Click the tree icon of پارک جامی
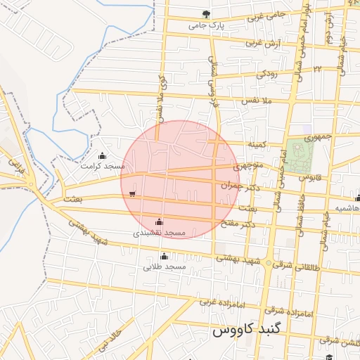pos(206,14)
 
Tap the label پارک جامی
pos(205,26)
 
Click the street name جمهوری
pos(318,136)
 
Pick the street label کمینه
pos(257,144)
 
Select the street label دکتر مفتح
pos(256,224)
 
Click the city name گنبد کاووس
pos(242,329)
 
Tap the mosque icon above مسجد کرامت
pos(103,156)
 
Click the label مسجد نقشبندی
pos(160,232)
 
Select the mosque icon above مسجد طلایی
pos(165,256)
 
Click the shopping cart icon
pos(132,193)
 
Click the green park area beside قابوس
pos(298,155)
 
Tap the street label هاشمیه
pos(347,209)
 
